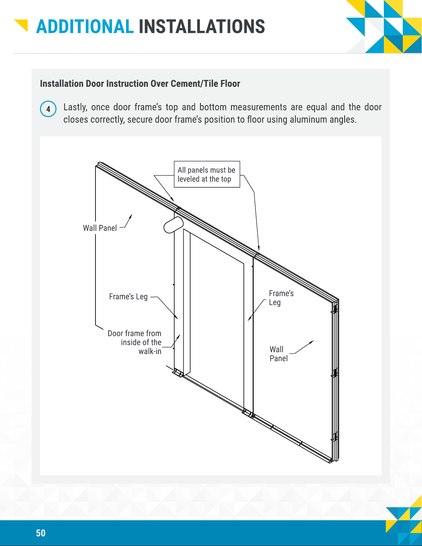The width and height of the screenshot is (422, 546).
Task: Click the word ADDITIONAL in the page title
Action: tap(85, 27)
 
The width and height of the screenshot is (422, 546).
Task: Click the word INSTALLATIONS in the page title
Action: tap(202, 27)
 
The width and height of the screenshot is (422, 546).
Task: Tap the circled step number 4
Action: tap(48, 109)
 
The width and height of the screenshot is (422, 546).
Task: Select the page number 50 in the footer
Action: tap(41, 533)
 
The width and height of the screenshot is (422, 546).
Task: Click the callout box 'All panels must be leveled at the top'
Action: tap(207, 174)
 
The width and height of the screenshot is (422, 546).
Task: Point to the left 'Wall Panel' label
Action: tap(100, 228)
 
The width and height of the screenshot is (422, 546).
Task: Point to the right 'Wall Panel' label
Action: tap(278, 354)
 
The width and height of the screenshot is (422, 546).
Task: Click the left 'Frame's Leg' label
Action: tap(128, 297)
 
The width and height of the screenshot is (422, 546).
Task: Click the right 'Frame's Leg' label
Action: tap(281, 298)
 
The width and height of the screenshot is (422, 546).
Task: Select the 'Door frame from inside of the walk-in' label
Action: tap(135, 342)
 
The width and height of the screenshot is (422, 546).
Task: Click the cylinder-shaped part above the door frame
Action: tap(173, 225)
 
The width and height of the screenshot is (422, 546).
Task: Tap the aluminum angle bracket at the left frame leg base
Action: tap(178, 373)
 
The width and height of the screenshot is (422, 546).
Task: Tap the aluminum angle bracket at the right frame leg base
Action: tap(248, 414)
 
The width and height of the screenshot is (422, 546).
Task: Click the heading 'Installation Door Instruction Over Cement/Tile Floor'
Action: tap(140, 84)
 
